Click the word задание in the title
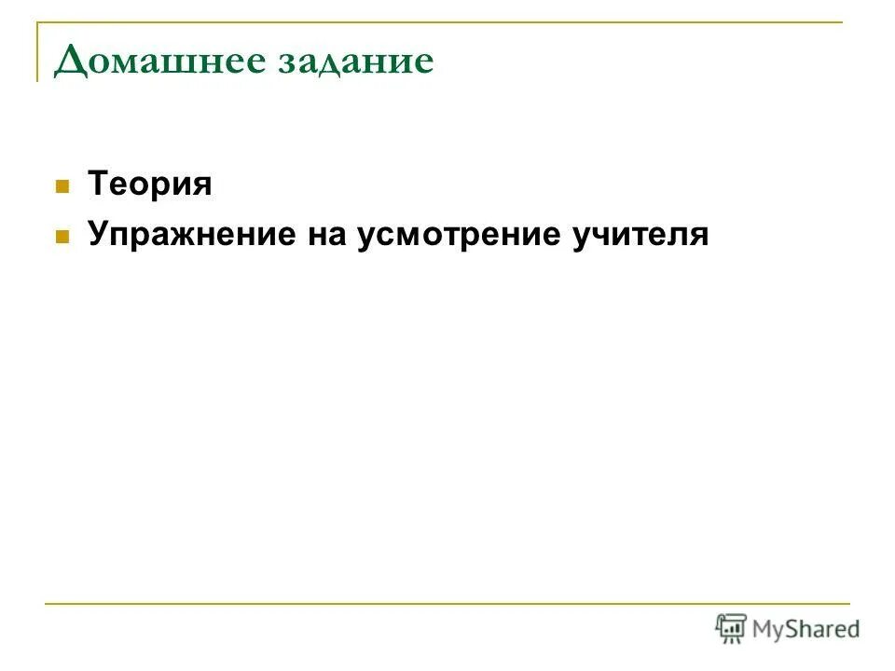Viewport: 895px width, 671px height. [358, 62]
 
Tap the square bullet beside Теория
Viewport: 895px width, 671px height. [63, 185]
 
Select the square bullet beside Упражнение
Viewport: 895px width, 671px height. [63, 237]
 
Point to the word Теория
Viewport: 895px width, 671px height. [150, 185]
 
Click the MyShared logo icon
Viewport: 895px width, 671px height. [731, 628]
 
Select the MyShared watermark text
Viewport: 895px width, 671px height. [806, 629]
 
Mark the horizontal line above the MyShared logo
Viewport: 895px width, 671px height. [447, 604]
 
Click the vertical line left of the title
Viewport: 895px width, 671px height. [38, 51]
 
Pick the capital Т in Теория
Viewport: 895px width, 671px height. [97, 185]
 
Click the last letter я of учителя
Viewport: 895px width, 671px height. [699, 237]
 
